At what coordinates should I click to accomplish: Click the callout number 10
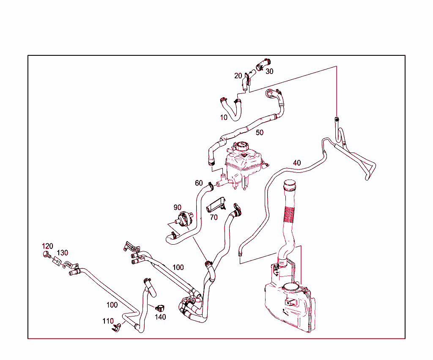[224, 117]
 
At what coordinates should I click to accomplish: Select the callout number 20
[238, 76]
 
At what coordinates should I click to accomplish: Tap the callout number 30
[269, 71]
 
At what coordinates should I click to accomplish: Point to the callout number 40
[297, 163]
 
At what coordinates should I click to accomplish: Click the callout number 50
[260, 133]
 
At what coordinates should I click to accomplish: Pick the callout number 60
[199, 183]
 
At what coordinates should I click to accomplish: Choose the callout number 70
[214, 217]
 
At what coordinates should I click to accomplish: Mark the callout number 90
[177, 207]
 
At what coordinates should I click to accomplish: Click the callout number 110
[108, 321]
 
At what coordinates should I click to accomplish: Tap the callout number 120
[47, 246]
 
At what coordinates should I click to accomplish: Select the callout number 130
[63, 253]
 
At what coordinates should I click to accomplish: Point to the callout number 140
[160, 317]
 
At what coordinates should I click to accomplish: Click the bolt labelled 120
[47, 254]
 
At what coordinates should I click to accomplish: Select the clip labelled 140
[160, 308]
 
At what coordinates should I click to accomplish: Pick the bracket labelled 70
[216, 205]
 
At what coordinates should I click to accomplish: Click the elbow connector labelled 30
[263, 64]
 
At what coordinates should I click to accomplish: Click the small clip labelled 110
[116, 327]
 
